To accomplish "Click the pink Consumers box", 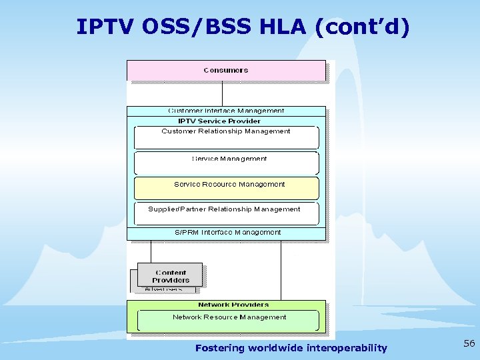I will tap(226, 70).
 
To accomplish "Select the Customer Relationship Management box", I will tap(226, 137).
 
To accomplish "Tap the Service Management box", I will tap(226, 162).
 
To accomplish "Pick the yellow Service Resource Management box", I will tap(226, 187).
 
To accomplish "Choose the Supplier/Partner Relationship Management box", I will tap(226, 213).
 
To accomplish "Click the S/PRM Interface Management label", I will tap(227, 233).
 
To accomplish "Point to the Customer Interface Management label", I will tap(226, 111).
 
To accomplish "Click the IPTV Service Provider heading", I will tap(219, 121).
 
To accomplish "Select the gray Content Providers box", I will tap(170, 275).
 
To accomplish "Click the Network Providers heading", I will tap(233, 305).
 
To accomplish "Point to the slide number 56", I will tap(469, 343).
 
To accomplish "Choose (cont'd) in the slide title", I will tap(363, 27).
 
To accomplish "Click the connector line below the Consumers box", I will tap(221, 93).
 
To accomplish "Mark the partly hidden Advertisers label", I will tap(163, 290).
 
